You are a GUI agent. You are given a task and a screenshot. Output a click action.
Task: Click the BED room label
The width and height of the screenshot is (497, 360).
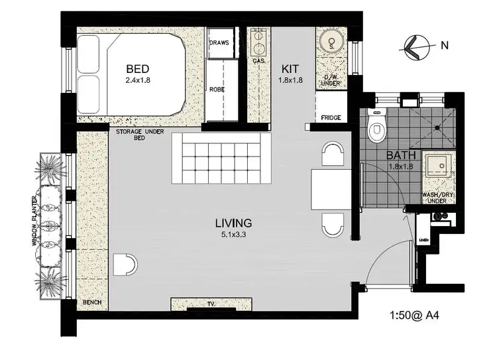(x=137, y=69)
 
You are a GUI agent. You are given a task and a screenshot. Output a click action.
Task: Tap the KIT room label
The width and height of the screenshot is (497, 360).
(x=291, y=69)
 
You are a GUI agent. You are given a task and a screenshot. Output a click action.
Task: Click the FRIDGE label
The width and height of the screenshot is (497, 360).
(x=331, y=118)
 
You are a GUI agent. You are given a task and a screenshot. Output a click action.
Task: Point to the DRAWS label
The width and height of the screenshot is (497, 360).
(x=219, y=42)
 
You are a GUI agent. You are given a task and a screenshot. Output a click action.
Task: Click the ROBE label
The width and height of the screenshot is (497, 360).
(x=217, y=89)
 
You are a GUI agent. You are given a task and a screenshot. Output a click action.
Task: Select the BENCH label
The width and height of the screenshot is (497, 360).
(x=91, y=304)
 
